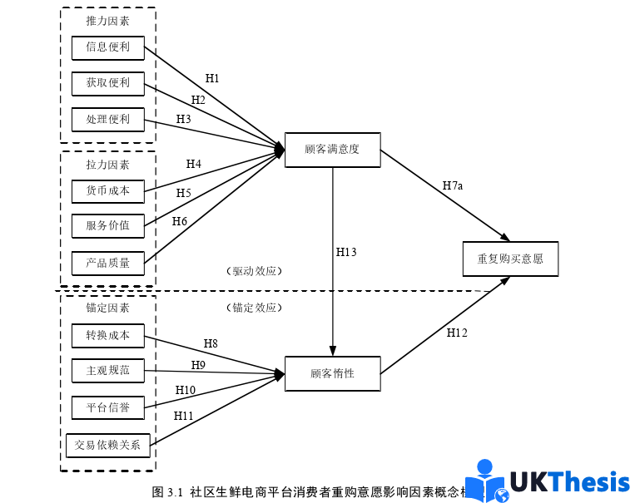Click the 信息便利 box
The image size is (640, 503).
(107, 47)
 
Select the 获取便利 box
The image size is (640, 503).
(107, 83)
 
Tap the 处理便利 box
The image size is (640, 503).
(107, 120)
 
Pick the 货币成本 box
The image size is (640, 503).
(107, 191)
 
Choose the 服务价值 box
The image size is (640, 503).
(107, 225)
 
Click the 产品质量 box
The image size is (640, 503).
(107, 264)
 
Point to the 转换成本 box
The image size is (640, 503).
(107, 336)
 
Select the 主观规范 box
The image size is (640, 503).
(107, 370)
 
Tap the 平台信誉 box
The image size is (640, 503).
(107, 408)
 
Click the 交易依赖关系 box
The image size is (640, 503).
(107, 445)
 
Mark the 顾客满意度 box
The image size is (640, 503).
(332, 150)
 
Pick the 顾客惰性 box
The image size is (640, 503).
(332, 374)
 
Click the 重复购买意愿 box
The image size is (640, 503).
(510, 259)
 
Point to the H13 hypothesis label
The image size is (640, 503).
(346, 252)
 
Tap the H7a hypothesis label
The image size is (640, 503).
(452, 185)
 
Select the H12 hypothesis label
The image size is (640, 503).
(457, 333)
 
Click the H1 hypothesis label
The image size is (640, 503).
(212, 79)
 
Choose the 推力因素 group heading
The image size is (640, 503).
(107, 22)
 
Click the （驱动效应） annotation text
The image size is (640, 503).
(255, 271)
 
